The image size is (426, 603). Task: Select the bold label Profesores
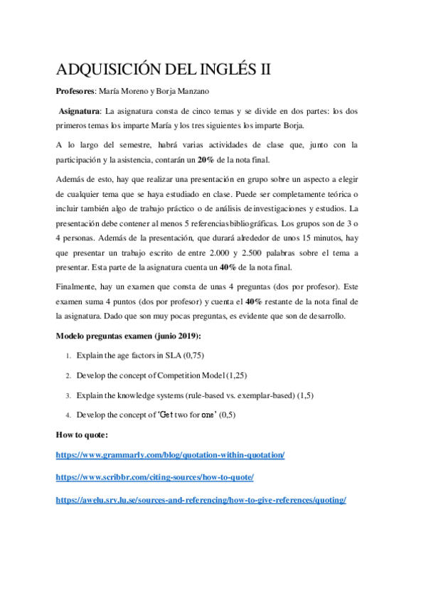point(75,92)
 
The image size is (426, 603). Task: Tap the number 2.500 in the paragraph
point(255,255)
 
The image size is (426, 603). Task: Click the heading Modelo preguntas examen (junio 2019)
point(128,336)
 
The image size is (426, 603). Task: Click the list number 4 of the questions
point(68,415)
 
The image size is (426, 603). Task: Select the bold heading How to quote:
point(81,434)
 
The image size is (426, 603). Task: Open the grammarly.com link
point(170,454)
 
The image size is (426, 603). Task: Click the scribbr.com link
point(154,477)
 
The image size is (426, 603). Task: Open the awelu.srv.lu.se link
point(201,501)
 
